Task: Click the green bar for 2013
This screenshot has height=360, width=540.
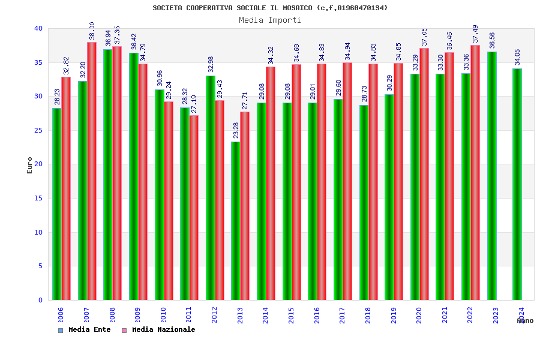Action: point(236,221)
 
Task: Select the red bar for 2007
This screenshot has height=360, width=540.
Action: point(92,171)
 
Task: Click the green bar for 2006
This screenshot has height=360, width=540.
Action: point(56,204)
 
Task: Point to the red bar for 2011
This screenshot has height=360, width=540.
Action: point(194,208)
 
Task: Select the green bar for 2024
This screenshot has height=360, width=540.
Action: point(517,184)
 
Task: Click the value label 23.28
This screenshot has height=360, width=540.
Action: point(236,131)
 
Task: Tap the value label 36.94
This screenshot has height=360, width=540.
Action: point(108,38)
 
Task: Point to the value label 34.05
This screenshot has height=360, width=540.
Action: point(517,57)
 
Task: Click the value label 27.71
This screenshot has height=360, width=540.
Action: point(245,101)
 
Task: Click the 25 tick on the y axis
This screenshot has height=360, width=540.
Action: point(38,130)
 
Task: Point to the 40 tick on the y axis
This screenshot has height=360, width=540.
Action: point(38,28)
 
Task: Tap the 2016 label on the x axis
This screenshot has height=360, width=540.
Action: point(317,315)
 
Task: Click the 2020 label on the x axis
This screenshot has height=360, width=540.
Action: point(419,315)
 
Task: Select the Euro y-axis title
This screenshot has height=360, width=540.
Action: point(30,165)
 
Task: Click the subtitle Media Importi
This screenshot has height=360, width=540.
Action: point(270,20)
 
